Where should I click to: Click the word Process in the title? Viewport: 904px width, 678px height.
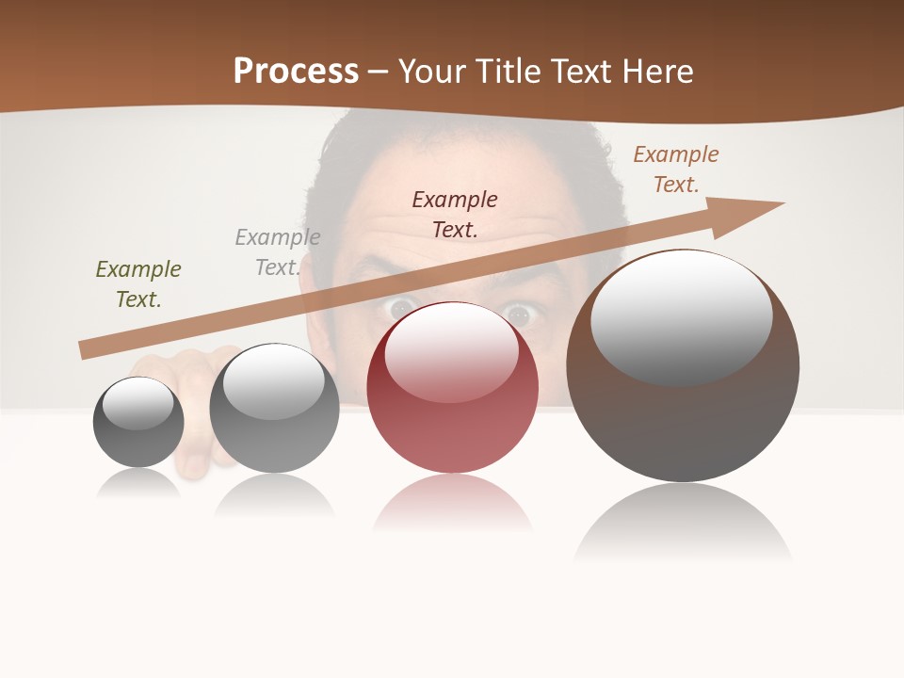(x=296, y=72)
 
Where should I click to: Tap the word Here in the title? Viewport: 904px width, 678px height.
(x=656, y=72)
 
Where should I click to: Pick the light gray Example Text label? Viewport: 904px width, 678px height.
(x=278, y=252)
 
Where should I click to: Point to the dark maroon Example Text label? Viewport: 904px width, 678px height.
(x=455, y=214)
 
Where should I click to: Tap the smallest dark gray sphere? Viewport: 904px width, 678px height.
(x=138, y=423)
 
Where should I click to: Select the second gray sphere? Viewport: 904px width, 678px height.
(x=274, y=409)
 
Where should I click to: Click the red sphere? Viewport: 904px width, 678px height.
(x=452, y=414)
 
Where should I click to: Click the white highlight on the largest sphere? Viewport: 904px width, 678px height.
(x=681, y=315)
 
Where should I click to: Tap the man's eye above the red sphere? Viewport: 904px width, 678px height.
(x=401, y=306)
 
